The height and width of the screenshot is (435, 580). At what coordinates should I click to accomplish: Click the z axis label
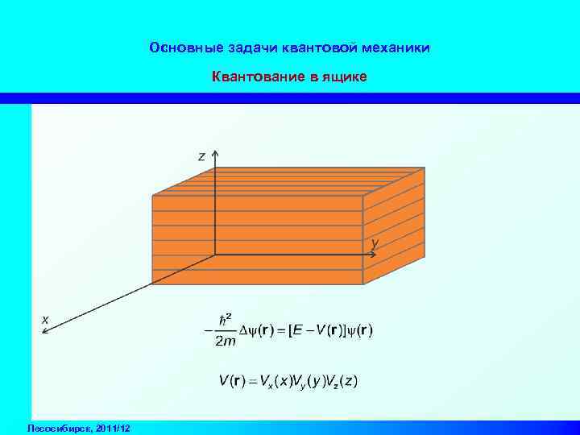click(202, 156)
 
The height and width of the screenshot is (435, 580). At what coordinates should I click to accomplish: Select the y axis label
click(375, 242)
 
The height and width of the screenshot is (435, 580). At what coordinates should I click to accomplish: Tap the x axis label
click(45, 319)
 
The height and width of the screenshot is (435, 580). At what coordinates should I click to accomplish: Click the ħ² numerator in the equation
click(226, 317)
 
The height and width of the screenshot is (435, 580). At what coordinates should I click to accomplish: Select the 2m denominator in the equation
click(226, 342)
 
